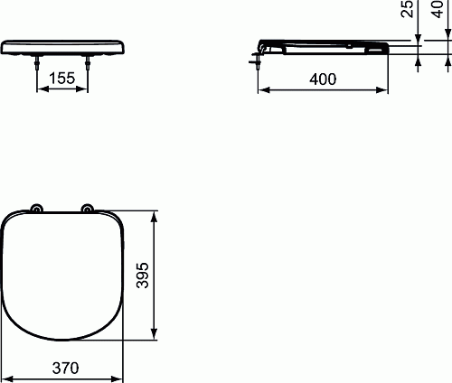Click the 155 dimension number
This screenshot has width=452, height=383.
(61, 79)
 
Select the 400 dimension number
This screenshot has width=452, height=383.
(323, 79)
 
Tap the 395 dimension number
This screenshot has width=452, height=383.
(143, 276)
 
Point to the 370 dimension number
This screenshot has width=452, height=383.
(65, 368)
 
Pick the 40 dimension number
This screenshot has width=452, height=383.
(438, 9)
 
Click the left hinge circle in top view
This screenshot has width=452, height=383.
(37, 209)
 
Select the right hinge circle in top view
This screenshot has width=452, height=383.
(87, 209)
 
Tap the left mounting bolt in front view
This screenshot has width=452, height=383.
(37, 62)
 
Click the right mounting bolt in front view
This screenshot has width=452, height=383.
(88, 62)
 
